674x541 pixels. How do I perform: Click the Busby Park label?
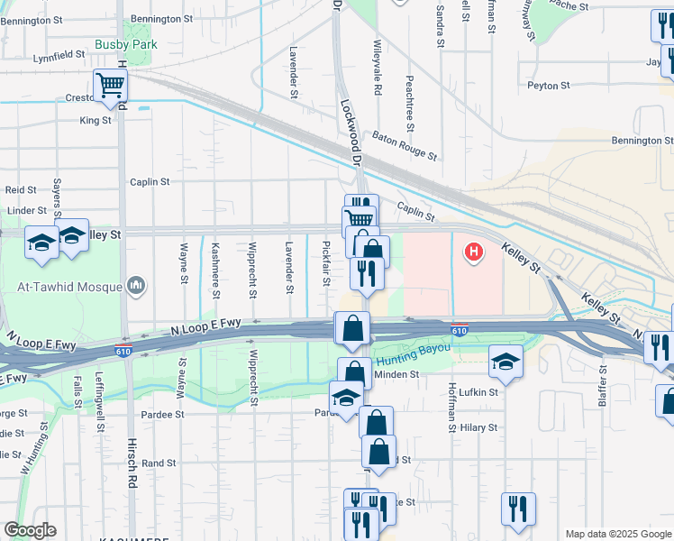[125, 43]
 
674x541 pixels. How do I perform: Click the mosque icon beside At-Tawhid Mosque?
[136, 286]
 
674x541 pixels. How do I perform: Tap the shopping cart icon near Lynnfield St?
[111, 86]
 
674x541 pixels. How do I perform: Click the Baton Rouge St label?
[405, 142]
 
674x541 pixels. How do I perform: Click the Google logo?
[30, 530]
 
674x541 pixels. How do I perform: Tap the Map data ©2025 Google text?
[617, 534]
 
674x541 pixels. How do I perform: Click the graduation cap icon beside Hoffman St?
[505, 362]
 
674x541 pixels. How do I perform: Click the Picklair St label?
[325, 264]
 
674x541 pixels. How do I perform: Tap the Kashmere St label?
[214, 269]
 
